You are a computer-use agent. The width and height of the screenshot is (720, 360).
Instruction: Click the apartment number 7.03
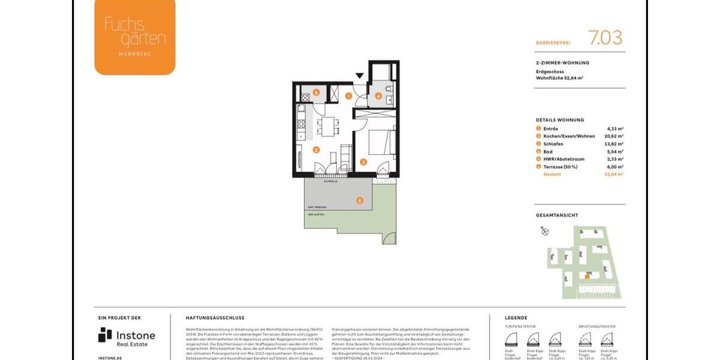tap(605, 38)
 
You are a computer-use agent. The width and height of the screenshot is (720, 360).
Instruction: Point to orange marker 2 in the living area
tap(316, 150)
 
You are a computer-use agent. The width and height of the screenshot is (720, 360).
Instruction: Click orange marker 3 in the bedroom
tap(363, 161)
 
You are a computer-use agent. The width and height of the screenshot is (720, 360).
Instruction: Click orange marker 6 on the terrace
tap(359, 200)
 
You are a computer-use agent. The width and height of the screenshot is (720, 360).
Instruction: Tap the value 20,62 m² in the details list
tap(615, 136)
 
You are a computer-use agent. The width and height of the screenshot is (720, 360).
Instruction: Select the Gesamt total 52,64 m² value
tap(615, 174)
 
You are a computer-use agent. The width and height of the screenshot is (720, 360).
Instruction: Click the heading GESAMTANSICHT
tap(557, 215)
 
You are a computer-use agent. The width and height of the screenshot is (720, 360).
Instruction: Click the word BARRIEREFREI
tap(553, 43)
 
